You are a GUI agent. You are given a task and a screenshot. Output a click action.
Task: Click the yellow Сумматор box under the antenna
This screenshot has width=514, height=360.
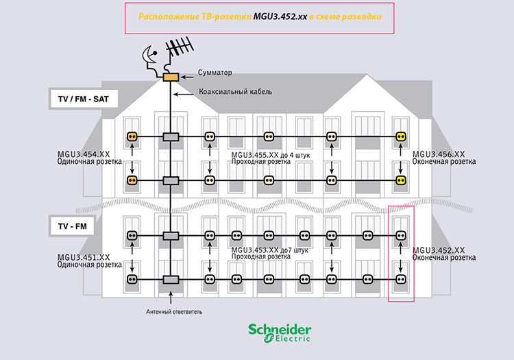pos(170,76)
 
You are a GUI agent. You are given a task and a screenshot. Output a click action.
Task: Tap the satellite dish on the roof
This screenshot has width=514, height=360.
pos(149,58)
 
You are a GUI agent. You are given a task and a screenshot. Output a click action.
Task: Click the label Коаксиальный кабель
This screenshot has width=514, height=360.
pos(235,91)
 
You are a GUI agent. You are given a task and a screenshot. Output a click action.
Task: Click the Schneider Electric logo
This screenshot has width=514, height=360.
pos(280,332)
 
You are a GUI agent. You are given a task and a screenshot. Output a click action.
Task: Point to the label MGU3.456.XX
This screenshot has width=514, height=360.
pos(439,154)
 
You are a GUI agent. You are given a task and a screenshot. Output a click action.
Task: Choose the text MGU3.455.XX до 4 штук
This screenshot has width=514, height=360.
pos(271,156)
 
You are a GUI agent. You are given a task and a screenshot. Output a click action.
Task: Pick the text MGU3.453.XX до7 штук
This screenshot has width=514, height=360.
pos(270,250)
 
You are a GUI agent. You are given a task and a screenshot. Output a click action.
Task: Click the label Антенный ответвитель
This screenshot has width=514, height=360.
pos(174,311)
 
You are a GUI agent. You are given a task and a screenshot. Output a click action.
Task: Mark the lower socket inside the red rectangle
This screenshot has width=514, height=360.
pos(402,279)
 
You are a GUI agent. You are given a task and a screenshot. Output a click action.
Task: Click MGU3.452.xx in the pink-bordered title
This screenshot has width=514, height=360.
pos(280,15)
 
